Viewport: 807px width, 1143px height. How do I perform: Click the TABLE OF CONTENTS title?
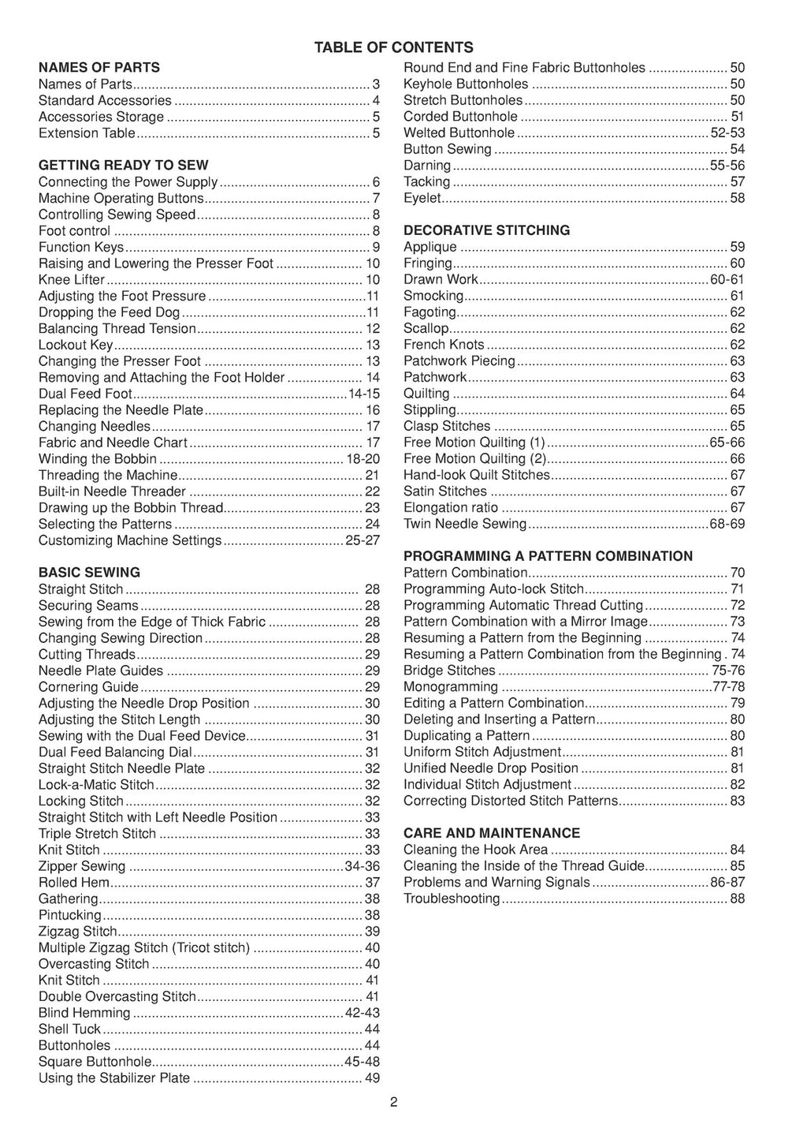pyautogui.click(x=393, y=47)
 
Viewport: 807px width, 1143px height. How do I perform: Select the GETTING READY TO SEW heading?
pyautogui.click(x=124, y=166)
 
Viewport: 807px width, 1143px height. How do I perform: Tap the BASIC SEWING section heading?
pyautogui.click(x=89, y=573)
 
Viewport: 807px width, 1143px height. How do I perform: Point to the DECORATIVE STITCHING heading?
pyautogui.click(x=486, y=230)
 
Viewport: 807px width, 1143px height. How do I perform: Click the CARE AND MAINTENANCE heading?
pyautogui.click(x=491, y=833)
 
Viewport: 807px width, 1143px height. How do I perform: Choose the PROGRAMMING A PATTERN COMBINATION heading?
pyautogui.click(x=548, y=556)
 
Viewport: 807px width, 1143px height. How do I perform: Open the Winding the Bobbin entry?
pyautogui.click(x=98, y=459)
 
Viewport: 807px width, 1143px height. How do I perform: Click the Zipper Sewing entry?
pyautogui.click(x=82, y=866)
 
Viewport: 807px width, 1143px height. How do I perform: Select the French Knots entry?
pyautogui.click(x=444, y=345)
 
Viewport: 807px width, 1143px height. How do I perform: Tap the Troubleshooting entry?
pyautogui.click(x=452, y=898)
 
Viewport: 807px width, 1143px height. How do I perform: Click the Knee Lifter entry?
pyautogui.click(x=72, y=280)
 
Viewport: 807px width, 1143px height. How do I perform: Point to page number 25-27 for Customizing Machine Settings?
pyautogui.click(x=363, y=540)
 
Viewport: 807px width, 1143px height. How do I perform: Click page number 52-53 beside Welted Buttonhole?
pyautogui.click(x=727, y=133)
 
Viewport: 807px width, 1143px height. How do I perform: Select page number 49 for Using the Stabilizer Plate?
pyautogui.click(x=372, y=1078)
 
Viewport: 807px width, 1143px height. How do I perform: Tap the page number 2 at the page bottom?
pyautogui.click(x=393, y=1103)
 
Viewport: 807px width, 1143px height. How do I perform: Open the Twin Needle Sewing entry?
pyautogui.click(x=464, y=524)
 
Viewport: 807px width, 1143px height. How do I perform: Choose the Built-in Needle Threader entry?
pyautogui.click(x=112, y=491)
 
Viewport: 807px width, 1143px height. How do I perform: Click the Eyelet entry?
pyautogui.click(x=422, y=198)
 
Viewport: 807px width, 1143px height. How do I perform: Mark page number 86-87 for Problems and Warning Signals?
pyautogui.click(x=727, y=883)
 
